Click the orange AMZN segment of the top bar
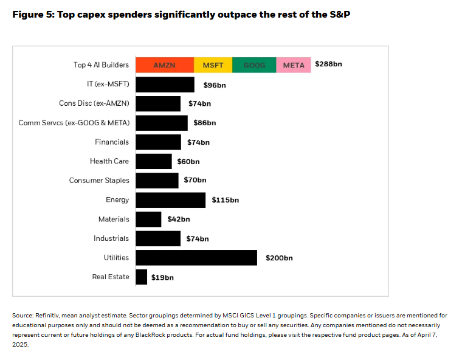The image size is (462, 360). pos(164,65)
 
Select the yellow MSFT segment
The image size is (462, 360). pos(213,65)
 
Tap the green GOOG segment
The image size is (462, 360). pos(254,65)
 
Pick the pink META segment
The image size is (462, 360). pos(294,65)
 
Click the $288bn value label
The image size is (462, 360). pos(328,64)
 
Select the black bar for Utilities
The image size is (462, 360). pos(196,258)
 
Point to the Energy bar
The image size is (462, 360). pos(170,200)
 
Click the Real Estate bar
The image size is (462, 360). pos(141,277)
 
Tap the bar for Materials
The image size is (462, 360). pos(148,220)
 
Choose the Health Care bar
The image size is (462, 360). pos(153,161)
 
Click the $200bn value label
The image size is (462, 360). pos(279,258)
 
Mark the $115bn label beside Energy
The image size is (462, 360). pos(226,200)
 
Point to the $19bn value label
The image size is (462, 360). pos(162,277)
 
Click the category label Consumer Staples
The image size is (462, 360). pos(99,181)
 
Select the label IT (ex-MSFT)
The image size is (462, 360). pos(108,84)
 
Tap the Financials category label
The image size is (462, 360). pos(112,142)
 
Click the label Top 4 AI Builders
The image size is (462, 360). pos(102,64)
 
